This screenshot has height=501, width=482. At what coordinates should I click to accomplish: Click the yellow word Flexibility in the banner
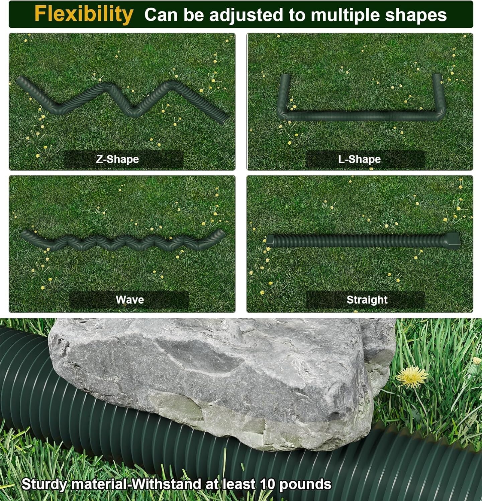click(x=84, y=14)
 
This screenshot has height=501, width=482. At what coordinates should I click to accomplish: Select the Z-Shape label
click(x=117, y=159)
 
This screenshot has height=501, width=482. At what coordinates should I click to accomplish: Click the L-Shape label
click(x=359, y=159)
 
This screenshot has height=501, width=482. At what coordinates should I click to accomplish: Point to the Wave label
click(x=130, y=299)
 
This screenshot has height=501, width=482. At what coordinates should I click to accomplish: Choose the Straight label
click(x=367, y=300)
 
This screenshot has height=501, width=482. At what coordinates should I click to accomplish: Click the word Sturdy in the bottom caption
click(x=44, y=484)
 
